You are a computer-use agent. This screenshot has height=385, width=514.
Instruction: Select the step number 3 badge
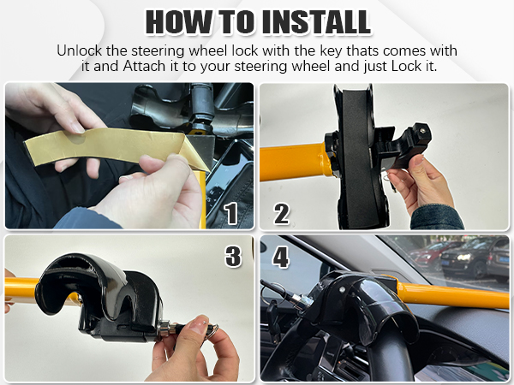point(232,256)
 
